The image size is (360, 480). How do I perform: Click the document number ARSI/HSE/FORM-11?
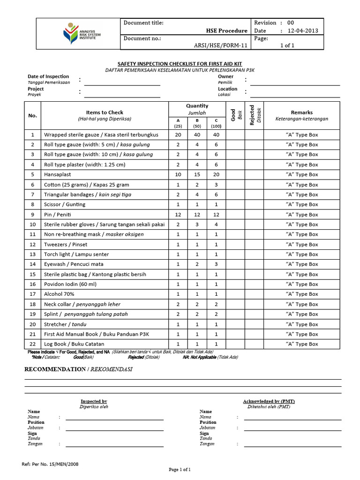(x=220, y=45)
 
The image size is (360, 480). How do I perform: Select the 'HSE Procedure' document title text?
(x=226, y=30)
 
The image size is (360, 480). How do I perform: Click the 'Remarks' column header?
(x=301, y=112)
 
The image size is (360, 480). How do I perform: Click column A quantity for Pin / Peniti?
(x=178, y=214)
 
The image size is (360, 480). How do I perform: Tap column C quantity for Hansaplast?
(x=216, y=174)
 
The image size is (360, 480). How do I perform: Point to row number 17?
(x=33, y=294)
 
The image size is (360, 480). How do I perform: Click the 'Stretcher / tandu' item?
(x=65, y=324)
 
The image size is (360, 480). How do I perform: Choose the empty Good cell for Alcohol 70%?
(x=235, y=294)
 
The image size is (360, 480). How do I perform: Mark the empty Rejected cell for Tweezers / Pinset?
(x=254, y=244)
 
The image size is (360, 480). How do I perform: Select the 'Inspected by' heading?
(x=94, y=401)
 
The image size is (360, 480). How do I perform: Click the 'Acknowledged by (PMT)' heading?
(x=269, y=401)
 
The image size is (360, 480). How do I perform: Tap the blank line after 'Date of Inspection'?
(x=122, y=85)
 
